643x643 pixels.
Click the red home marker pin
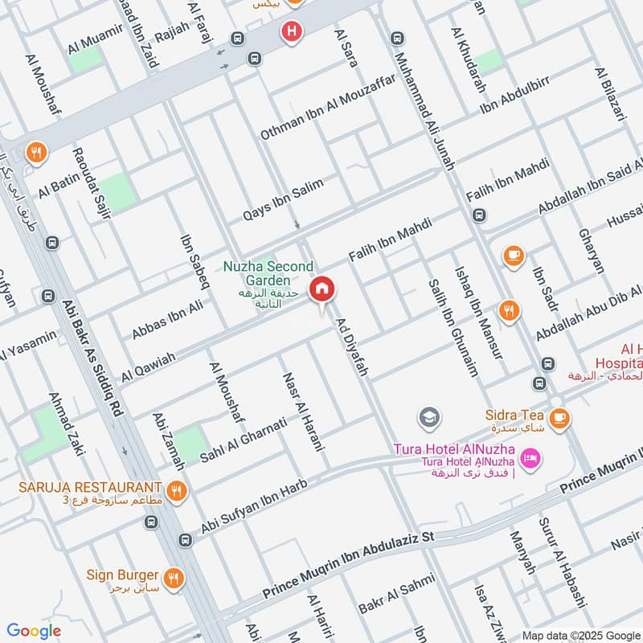(322, 289)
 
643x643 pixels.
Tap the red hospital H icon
(291, 31)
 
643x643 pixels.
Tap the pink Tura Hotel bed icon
(530, 460)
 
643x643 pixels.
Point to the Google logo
(33, 630)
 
